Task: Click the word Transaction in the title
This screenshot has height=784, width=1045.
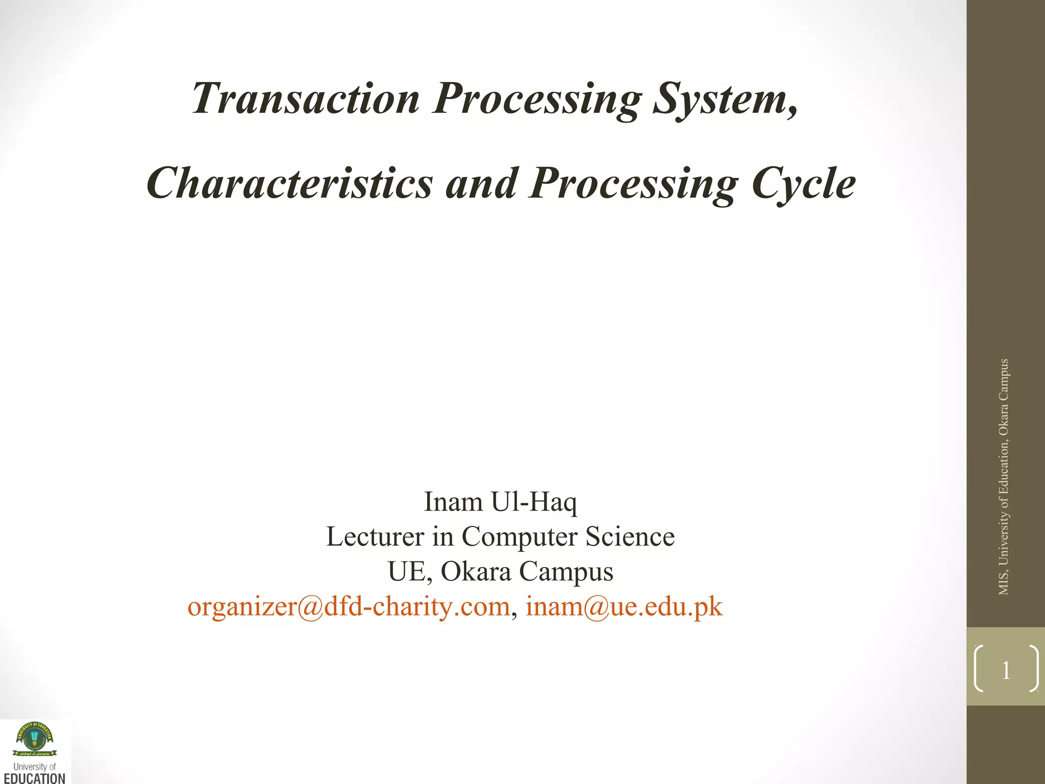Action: click(305, 98)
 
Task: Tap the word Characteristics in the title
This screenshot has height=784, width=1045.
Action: click(289, 183)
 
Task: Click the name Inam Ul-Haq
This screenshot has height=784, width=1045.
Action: click(500, 502)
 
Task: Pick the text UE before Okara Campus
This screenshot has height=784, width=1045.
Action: click(406, 571)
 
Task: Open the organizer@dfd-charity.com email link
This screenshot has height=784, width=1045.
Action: click(349, 606)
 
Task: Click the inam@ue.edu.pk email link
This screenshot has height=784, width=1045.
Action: click(624, 606)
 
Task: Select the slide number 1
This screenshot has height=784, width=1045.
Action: click(1006, 670)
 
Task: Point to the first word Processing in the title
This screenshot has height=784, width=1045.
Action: click(537, 98)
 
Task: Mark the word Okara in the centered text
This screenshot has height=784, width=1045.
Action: click(476, 571)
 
